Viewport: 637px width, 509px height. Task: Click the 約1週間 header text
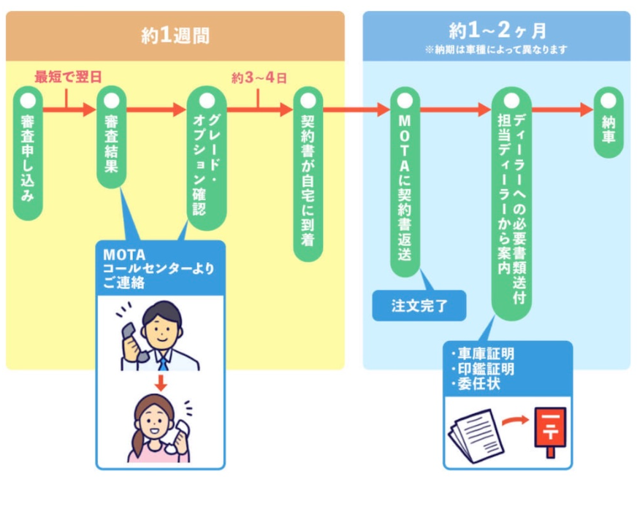175,36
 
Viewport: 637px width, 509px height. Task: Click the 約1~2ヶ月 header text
497,30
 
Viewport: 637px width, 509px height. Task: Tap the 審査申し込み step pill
28,153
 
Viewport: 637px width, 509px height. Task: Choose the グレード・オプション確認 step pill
207,157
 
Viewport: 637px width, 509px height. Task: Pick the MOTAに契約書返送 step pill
405,182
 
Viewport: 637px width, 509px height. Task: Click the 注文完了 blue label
419,306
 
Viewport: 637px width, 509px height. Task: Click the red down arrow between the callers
161,381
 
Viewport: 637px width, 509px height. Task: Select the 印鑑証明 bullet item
484,369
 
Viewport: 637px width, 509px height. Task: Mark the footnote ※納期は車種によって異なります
497,50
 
